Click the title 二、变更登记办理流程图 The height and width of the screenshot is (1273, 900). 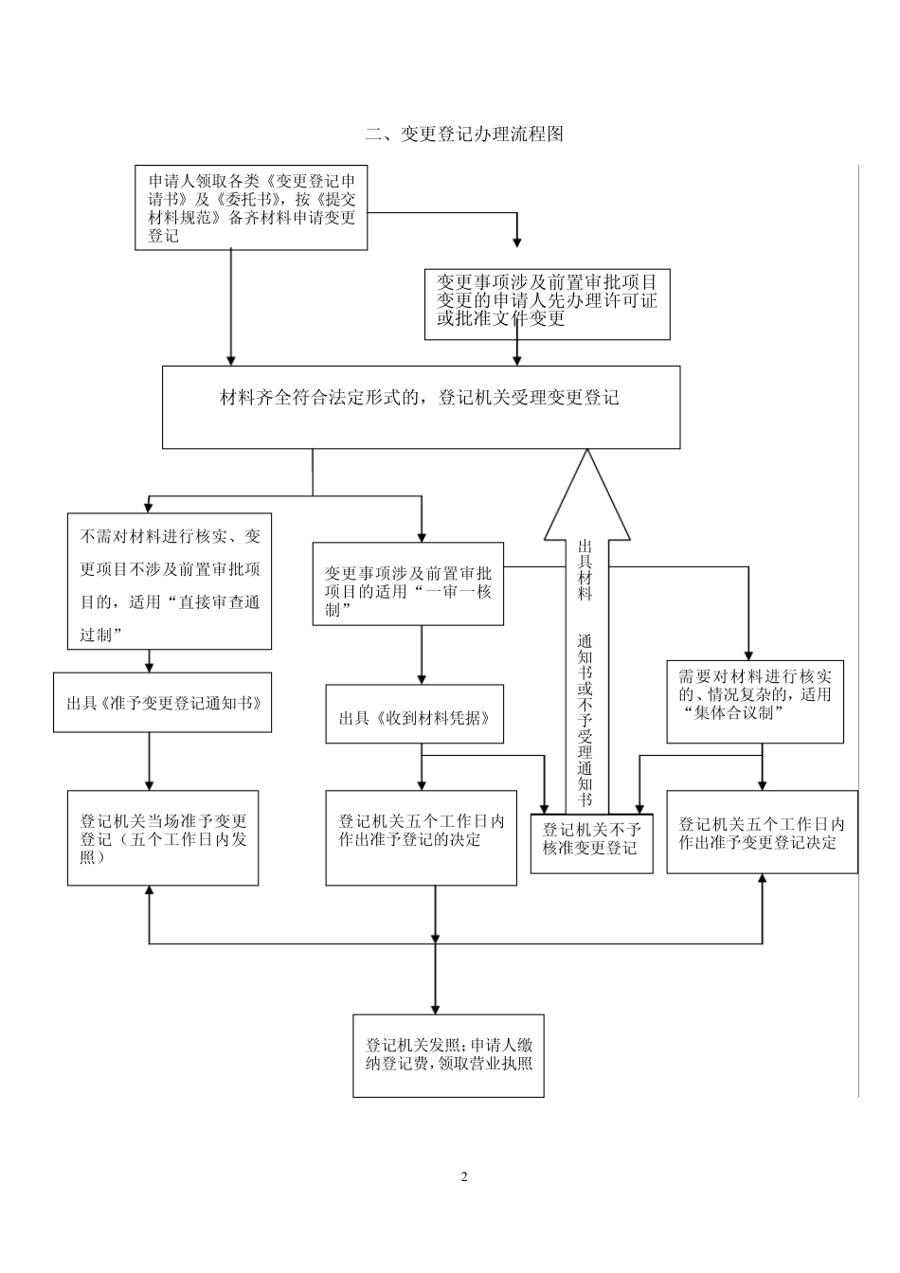click(464, 134)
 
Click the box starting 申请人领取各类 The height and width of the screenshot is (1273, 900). click(251, 208)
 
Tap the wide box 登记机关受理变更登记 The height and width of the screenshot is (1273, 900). click(421, 406)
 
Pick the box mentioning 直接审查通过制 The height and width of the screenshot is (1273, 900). click(170, 581)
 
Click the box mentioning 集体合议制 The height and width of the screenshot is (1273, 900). click(755, 702)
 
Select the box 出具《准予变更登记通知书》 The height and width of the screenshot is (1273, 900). click(163, 703)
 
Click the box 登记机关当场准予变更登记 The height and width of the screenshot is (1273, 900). click(163, 838)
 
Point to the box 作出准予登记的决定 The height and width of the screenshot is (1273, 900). click(421, 838)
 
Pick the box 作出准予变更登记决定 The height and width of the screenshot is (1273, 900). click(762, 832)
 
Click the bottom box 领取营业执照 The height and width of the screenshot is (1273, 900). click(448, 1056)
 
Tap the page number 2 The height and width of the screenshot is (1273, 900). click(464, 1177)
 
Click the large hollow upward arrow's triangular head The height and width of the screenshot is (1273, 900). click(587, 497)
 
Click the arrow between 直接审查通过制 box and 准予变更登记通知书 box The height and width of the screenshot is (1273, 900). click(150, 661)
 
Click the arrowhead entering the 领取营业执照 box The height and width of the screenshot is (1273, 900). click(435, 1006)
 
